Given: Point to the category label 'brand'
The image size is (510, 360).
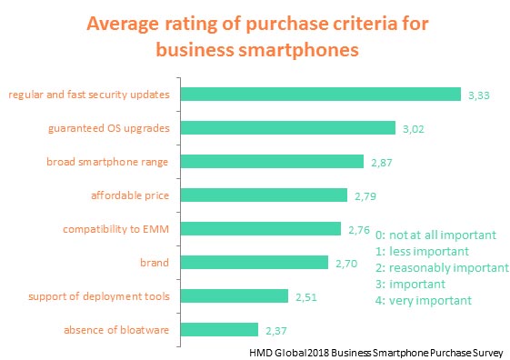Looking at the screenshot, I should [160, 262].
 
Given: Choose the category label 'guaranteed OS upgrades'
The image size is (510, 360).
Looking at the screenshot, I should [114, 128].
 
